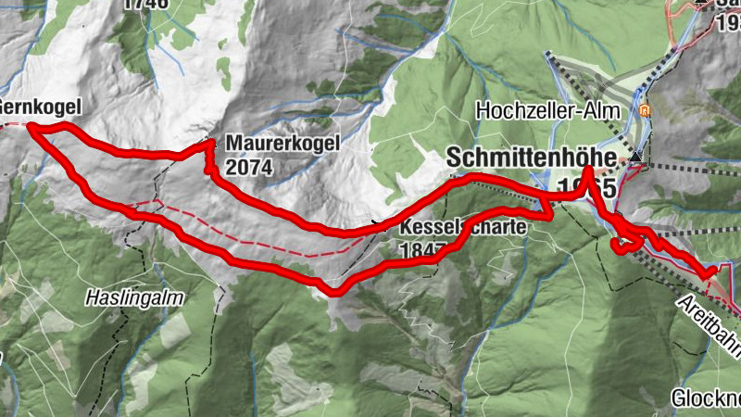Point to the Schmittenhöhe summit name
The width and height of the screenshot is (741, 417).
tap(531, 158)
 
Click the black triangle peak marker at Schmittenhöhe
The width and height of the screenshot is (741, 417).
tap(635, 158)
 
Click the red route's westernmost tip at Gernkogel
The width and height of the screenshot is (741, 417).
tap(31, 127)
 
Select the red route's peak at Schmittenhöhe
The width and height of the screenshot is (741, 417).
tap(588, 171)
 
